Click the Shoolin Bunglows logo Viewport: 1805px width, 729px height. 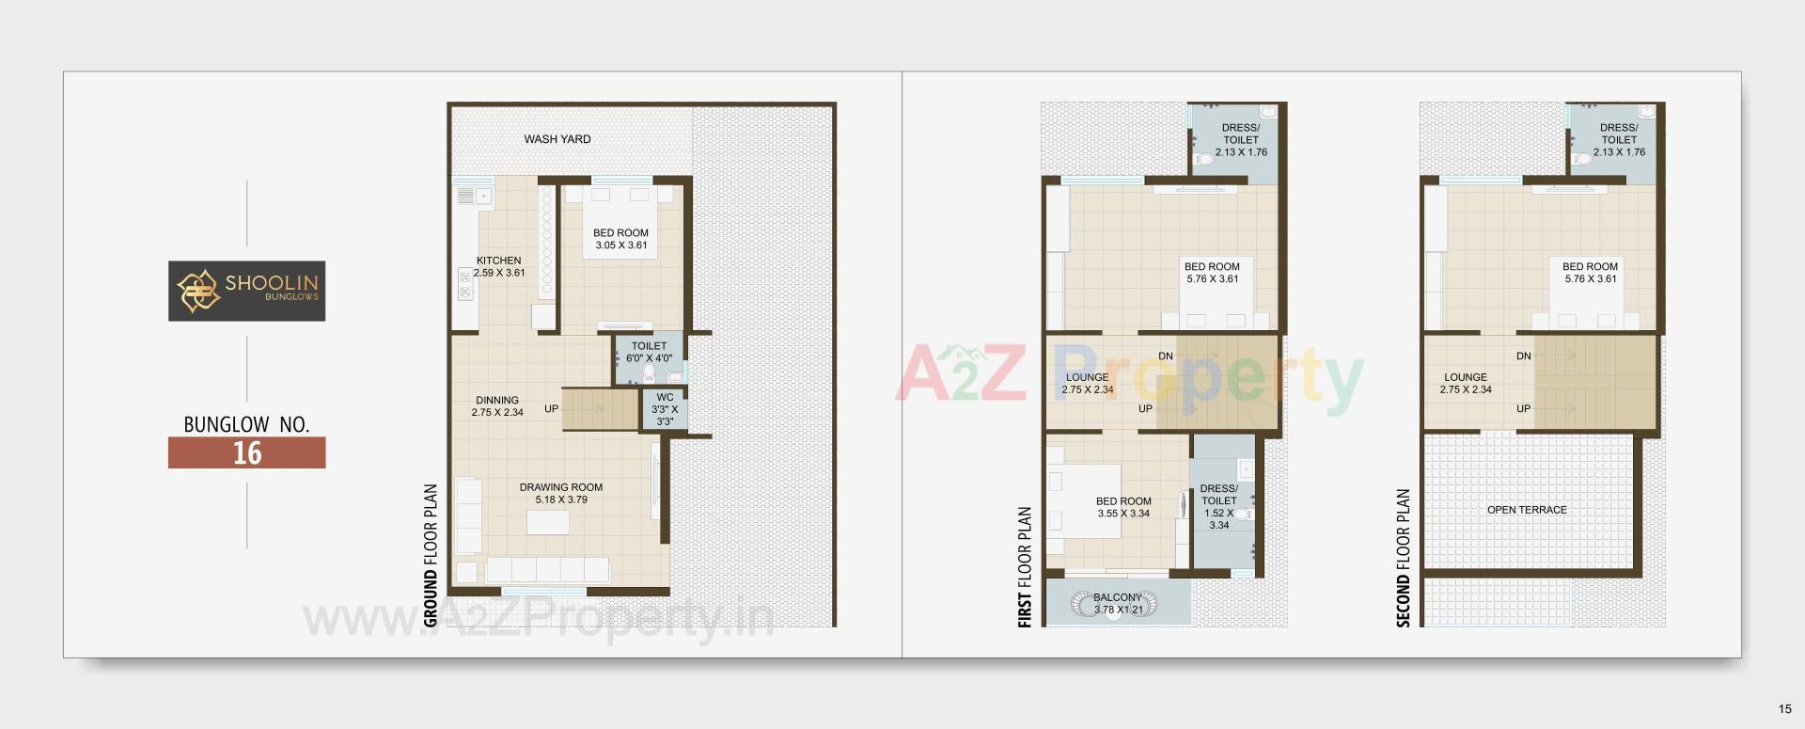tap(246, 291)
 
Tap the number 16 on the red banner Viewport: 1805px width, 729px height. tap(247, 453)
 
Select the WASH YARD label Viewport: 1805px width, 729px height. tap(557, 139)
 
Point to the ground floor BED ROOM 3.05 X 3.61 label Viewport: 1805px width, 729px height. tap(620, 239)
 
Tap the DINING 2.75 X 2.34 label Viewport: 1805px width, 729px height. tap(497, 406)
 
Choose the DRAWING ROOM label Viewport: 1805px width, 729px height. tap(561, 493)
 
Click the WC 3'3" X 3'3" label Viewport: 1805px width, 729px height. tap(665, 409)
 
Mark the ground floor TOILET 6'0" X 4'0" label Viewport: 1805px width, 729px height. tap(649, 352)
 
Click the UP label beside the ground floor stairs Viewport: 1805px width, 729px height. tap(551, 409)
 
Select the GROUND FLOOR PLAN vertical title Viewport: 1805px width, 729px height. tap(432, 555)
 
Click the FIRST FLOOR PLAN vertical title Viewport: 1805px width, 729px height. tap(1026, 567)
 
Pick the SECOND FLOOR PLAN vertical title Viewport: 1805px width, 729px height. tap(1404, 558)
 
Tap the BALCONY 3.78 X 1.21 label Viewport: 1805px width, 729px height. tap(1118, 603)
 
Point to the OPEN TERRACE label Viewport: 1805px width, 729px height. tap(1527, 510)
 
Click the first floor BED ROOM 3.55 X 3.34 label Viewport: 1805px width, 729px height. tap(1123, 507)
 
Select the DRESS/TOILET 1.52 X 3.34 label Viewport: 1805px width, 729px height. tap(1218, 507)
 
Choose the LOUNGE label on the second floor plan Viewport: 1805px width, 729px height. tap(1466, 383)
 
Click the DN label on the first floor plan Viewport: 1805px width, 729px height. tap(1166, 357)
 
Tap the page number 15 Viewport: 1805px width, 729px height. tap(1785, 709)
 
